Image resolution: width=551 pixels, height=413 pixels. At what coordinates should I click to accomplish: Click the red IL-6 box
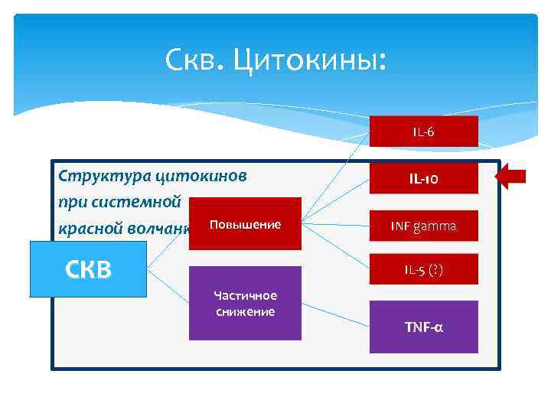423,132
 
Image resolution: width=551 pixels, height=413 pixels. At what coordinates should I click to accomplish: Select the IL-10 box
423,179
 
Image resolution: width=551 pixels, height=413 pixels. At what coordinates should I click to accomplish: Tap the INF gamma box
423,226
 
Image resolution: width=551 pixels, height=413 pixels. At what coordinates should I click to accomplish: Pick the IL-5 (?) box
423,269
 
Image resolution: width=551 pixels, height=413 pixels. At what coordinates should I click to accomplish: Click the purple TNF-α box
423,327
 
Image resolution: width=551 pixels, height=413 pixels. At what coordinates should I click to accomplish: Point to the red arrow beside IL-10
510,178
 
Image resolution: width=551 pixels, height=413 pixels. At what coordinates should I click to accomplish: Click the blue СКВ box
88,268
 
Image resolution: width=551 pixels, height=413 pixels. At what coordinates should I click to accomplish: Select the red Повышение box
244,225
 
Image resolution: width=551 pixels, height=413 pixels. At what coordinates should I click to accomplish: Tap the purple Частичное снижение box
244,303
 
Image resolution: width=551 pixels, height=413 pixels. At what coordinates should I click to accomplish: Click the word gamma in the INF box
435,226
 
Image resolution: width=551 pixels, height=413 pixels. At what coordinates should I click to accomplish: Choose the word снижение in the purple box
244,311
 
